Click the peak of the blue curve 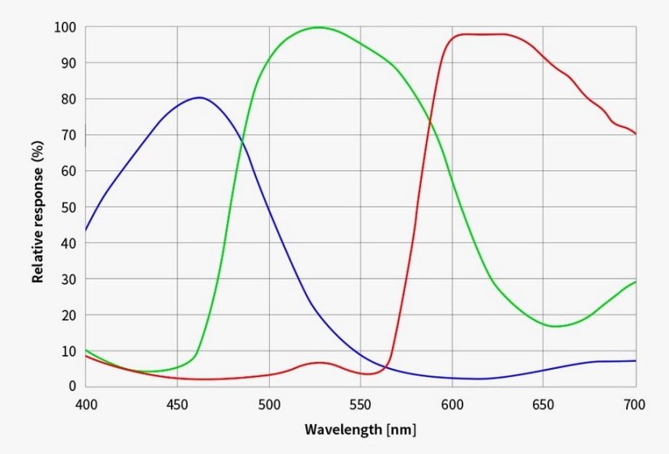click(198, 97)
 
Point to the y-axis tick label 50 click(70, 207)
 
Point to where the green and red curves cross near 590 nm click(429, 122)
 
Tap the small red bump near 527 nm click(319, 362)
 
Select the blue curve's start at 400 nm click(86, 230)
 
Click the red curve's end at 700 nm click(635, 134)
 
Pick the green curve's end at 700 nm click(635, 281)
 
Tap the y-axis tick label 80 click(70, 99)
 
